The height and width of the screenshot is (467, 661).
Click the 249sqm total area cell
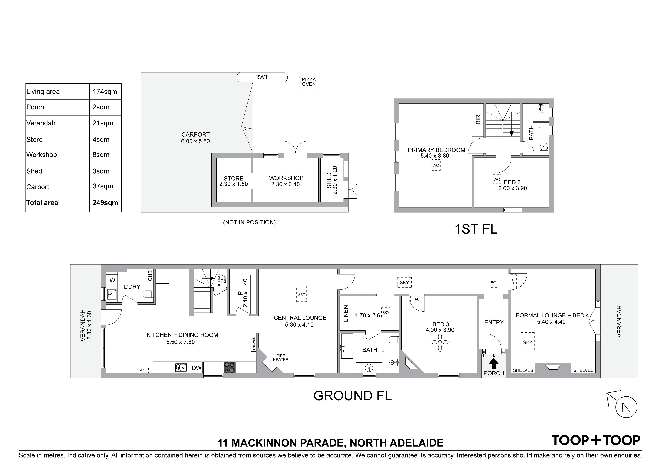105,203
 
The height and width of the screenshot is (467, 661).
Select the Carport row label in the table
38,187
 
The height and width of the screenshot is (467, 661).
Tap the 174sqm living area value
105,92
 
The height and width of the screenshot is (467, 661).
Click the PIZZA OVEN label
309,82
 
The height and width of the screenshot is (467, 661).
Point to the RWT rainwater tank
262,77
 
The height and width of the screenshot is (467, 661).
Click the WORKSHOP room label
286,178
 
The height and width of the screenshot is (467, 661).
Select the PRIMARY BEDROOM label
436,150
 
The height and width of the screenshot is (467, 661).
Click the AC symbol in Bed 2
497,179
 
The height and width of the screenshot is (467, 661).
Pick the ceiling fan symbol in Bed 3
440,342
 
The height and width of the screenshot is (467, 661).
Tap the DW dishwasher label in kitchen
197,368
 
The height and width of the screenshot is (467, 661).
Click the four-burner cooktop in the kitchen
230,367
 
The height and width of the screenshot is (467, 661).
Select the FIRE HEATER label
281,358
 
